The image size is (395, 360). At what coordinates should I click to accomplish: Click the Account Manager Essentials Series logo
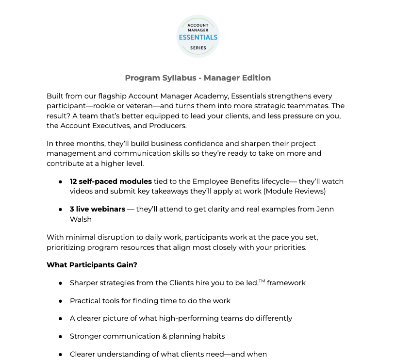(197, 36)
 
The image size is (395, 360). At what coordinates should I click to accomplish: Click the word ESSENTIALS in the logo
(197, 37)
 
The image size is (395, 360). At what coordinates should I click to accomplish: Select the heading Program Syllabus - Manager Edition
(197, 78)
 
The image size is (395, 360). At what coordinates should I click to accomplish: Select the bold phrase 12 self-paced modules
(111, 181)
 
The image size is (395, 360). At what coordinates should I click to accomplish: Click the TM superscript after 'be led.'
(262, 281)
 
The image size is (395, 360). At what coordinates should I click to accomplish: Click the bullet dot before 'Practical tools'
(60, 301)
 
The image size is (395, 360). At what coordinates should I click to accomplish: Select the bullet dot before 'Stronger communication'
(60, 336)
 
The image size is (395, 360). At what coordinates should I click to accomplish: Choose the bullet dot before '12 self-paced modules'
(60, 181)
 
